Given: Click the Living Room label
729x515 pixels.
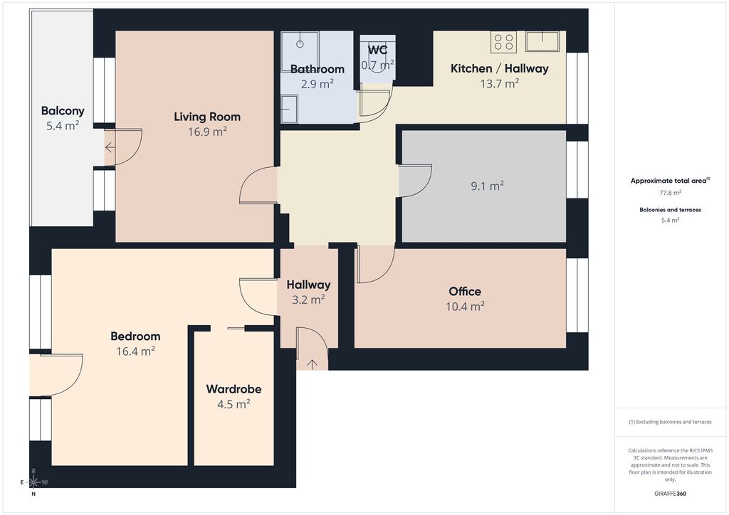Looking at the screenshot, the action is [207, 117].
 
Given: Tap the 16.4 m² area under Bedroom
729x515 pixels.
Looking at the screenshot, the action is [135, 351].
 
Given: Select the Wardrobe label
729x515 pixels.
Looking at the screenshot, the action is [234, 388].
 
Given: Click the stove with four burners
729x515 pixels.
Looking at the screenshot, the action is [504, 42].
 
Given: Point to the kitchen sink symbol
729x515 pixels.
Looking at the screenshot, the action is [542, 41].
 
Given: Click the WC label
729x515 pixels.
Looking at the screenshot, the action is [377, 50].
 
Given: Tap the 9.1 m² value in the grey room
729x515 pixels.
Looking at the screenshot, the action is [487, 186].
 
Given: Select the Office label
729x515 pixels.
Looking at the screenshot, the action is [465, 291].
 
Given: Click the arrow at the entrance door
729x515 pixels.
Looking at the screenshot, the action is [312, 364].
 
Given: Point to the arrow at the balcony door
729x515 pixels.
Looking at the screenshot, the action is [110, 148].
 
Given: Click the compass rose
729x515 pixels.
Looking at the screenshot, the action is [33, 482].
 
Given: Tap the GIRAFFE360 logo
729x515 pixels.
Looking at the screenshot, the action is [670, 494].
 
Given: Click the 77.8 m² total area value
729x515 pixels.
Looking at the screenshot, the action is [671, 193].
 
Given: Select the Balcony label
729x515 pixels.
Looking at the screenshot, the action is [63, 110].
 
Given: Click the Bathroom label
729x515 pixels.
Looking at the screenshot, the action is [318, 69].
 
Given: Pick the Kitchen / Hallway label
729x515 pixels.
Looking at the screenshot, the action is [500, 68].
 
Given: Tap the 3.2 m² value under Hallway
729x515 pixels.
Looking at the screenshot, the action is [308, 299].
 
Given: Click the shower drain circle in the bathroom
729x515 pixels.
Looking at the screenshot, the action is [300, 45].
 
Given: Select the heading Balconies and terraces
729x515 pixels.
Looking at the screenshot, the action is [671, 210].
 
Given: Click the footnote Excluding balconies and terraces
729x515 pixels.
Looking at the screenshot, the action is [671, 422].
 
